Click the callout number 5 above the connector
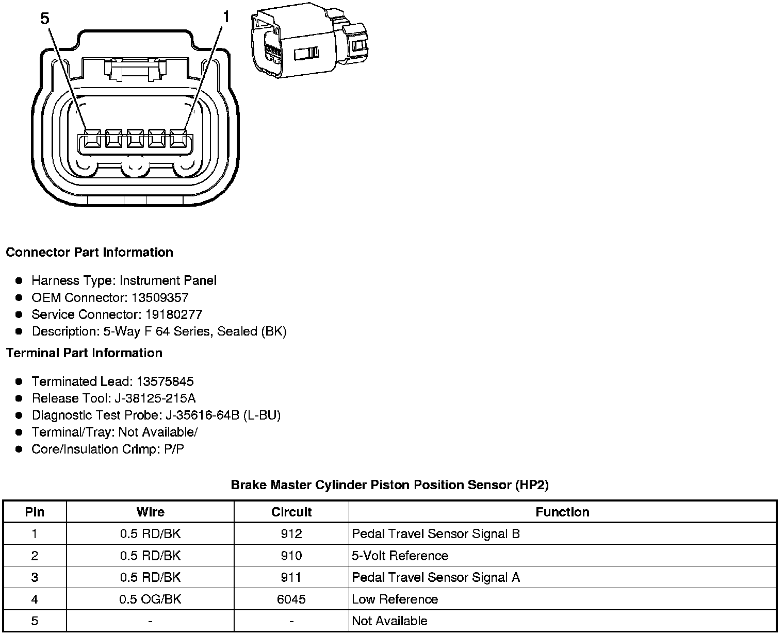45,19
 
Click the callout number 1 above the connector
225,18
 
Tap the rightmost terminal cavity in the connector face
178,139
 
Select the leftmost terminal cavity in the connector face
92,139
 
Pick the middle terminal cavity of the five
135,139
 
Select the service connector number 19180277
173,314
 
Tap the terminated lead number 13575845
165,381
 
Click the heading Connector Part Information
89,252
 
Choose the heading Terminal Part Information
84,353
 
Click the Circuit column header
291,512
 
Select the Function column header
562,512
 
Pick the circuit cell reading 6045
291,599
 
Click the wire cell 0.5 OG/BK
150,599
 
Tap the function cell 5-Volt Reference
400,556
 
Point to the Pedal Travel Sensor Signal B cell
436,534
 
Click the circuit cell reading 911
291,577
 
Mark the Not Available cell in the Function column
389,621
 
